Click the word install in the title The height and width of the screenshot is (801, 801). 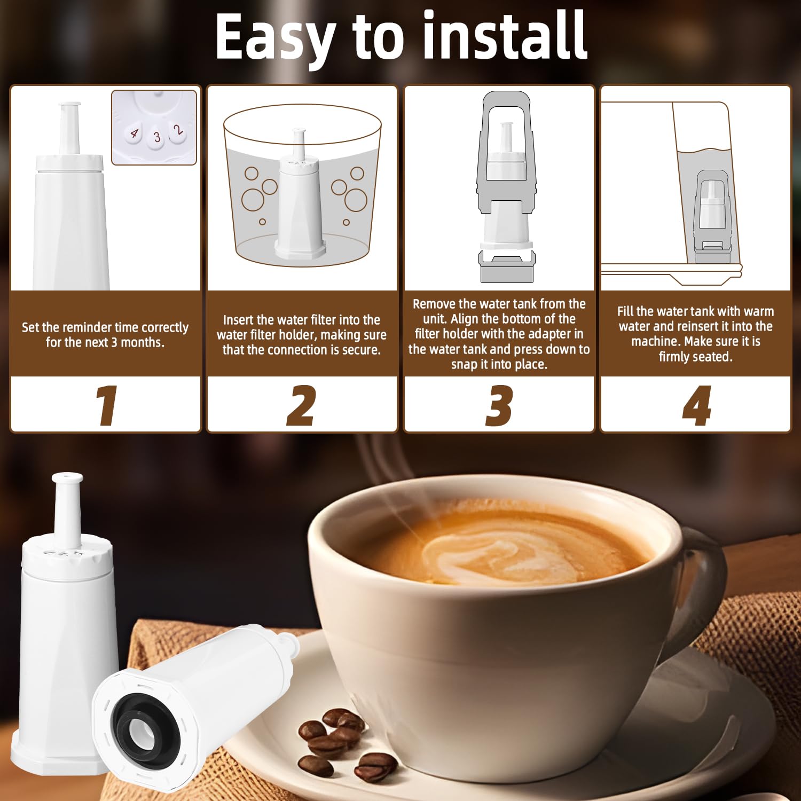tap(505, 36)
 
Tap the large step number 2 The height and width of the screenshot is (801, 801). tap(302, 405)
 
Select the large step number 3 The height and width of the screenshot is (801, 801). tap(499, 405)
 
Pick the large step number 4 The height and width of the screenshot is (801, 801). tap(697, 405)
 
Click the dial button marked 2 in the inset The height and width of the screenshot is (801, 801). tap(178, 130)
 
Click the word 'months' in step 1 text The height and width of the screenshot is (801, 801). tap(145, 342)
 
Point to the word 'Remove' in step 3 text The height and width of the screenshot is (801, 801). tap(433, 304)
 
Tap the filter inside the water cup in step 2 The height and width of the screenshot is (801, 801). tap(300, 203)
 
